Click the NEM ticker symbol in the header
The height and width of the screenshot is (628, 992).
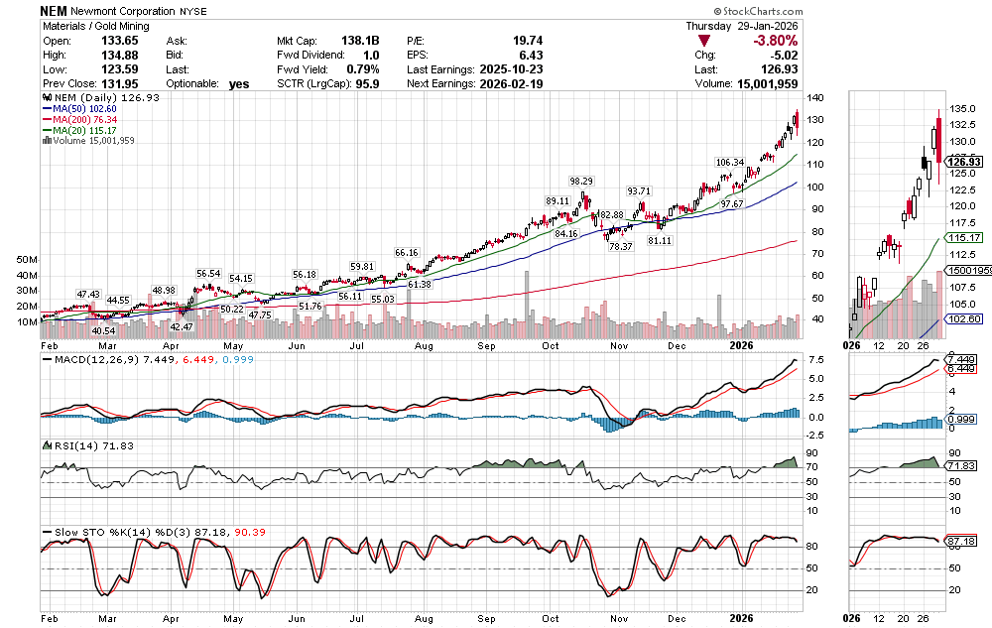coord(54,9)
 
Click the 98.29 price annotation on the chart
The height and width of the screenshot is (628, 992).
coord(580,181)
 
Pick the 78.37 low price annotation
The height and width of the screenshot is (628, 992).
coord(621,246)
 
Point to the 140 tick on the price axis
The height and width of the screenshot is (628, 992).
coord(815,98)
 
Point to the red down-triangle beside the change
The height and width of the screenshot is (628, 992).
coord(704,42)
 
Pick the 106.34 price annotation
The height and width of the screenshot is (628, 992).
coord(729,162)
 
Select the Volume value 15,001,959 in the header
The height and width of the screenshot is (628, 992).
coord(763,84)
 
